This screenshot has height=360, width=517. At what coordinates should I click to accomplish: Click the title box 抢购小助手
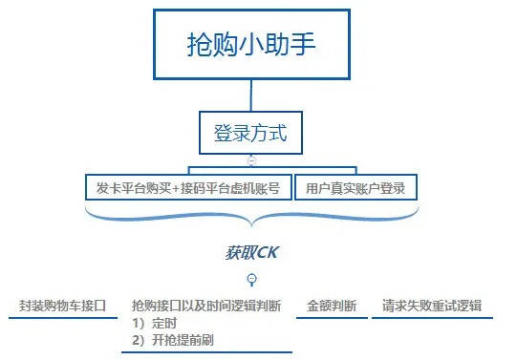coord(251,45)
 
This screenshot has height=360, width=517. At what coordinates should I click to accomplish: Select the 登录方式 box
coord(251,133)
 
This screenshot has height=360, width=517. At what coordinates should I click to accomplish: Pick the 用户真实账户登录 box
coord(356,187)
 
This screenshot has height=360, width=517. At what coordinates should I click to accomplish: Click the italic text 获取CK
coord(251,253)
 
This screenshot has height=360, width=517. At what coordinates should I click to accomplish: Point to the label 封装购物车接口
coord(61,307)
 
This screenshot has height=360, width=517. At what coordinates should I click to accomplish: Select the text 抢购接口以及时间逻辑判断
coord(206,307)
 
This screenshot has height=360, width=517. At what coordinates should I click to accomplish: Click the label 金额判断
coord(332,307)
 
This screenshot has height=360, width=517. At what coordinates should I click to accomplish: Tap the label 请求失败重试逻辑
coord(431,307)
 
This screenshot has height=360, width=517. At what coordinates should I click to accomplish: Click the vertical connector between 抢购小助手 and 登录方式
coord(251,96)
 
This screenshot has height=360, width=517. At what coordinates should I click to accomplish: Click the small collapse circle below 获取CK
coord(251,280)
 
